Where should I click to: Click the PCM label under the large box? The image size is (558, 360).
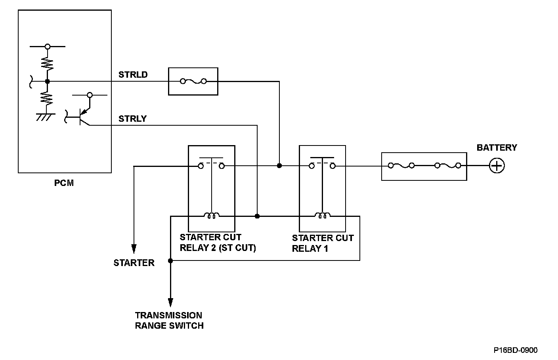[x=64, y=183]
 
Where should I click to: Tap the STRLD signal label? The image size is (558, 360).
[x=133, y=75]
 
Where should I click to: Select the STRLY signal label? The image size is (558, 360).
[x=132, y=119]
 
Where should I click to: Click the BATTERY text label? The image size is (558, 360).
[x=497, y=148]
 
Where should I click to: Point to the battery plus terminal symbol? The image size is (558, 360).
[x=497, y=165]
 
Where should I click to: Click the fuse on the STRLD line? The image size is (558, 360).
[x=193, y=81]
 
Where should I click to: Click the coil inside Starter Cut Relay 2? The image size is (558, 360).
[x=212, y=216]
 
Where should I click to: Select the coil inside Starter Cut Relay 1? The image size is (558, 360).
[x=323, y=216]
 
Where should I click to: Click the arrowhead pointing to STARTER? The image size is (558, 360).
[x=134, y=249]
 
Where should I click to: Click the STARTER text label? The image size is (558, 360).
[x=134, y=263]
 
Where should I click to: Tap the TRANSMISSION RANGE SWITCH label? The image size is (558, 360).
[x=169, y=320]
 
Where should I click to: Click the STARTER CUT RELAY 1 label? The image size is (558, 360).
[x=323, y=243]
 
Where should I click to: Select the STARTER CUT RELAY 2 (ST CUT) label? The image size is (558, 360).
[x=218, y=243]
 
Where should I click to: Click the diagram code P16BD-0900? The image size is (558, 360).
[x=516, y=350]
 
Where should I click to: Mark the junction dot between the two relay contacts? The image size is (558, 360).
[x=279, y=165]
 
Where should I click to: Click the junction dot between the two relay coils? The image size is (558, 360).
[x=257, y=216]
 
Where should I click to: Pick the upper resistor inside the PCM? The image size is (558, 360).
[x=47, y=63]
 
